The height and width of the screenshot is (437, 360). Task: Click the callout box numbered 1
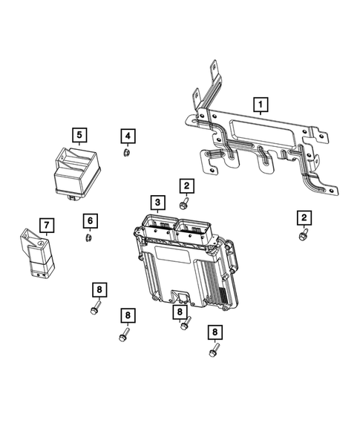(x=260, y=104)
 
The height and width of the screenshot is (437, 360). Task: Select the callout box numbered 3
(x=157, y=202)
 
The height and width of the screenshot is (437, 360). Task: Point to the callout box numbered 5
(x=79, y=135)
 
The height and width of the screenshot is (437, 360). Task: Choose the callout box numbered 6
(x=88, y=220)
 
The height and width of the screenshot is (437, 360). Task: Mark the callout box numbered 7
(x=45, y=223)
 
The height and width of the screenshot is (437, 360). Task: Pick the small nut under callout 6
(x=88, y=237)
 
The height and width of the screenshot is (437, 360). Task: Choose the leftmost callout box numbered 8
(x=97, y=289)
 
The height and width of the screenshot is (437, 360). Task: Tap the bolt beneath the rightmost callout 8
(x=214, y=349)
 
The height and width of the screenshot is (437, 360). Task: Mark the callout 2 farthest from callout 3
(x=303, y=217)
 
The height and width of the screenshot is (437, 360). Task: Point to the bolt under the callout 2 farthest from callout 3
(x=302, y=234)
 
